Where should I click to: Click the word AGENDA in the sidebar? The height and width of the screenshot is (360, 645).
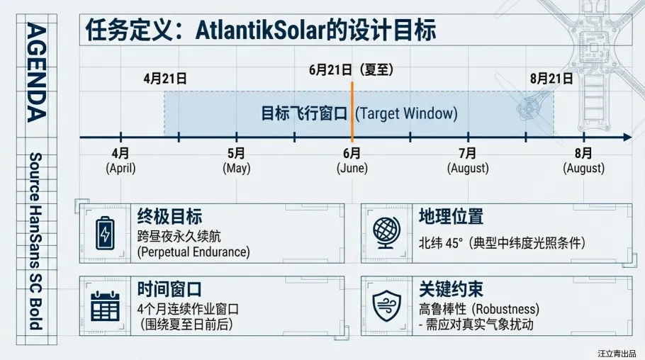click(x=36, y=72)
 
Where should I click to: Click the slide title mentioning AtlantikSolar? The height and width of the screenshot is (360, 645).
click(x=260, y=30)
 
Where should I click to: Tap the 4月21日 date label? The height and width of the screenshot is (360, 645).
click(x=164, y=79)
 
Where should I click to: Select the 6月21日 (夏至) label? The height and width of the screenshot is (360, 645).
click(x=351, y=69)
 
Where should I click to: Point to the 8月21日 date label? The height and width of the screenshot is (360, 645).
click(x=551, y=79)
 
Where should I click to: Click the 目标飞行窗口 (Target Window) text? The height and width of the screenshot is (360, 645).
click(x=359, y=113)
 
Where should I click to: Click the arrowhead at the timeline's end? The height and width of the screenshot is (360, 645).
click(x=627, y=137)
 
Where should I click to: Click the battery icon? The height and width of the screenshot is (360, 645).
click(x=105, y=233)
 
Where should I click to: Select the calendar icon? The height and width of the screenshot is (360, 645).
click(x=105, y=307)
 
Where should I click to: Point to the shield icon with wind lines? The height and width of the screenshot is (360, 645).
click(x=387, y=307)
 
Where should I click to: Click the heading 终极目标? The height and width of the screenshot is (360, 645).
click(x=169, y=216)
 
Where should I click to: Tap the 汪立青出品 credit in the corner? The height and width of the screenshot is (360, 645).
click(x=617, y=352)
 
